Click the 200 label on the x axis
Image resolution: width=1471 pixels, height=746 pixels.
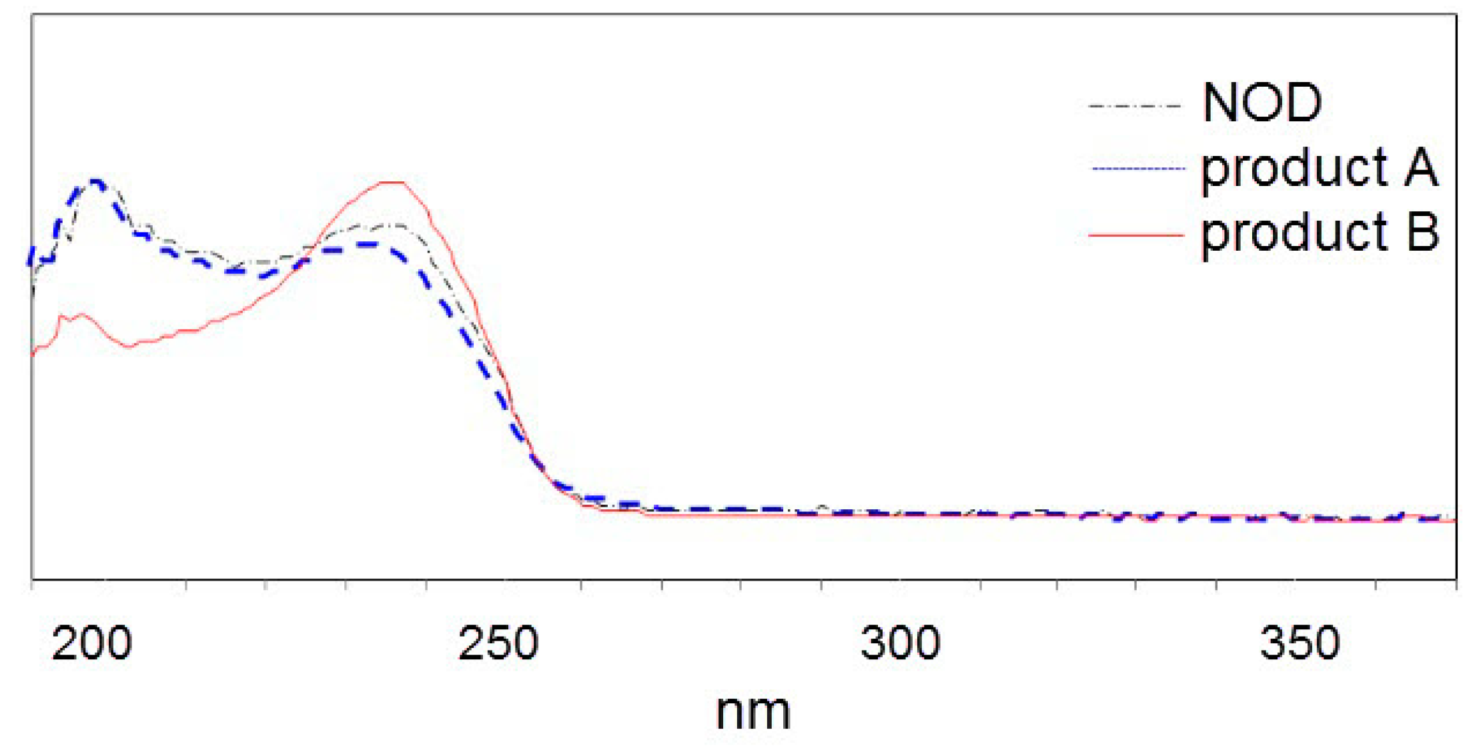(91, 644)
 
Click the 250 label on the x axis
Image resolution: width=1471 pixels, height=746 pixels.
(498, 644)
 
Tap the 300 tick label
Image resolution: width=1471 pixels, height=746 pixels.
(900, 644)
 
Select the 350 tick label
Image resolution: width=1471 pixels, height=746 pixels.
(1300, 644)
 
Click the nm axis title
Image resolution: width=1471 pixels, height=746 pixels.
(753, 713)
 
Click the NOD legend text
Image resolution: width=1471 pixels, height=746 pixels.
(1262, 103)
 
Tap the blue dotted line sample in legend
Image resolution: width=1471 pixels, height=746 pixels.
(1137, 168)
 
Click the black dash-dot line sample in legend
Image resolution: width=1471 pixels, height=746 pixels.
(1135, 105)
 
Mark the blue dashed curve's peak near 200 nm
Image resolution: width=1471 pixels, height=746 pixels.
(95, 181)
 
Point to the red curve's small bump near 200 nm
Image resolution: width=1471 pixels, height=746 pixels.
(81, 314)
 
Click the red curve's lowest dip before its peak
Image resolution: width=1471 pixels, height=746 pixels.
(130, 346)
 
